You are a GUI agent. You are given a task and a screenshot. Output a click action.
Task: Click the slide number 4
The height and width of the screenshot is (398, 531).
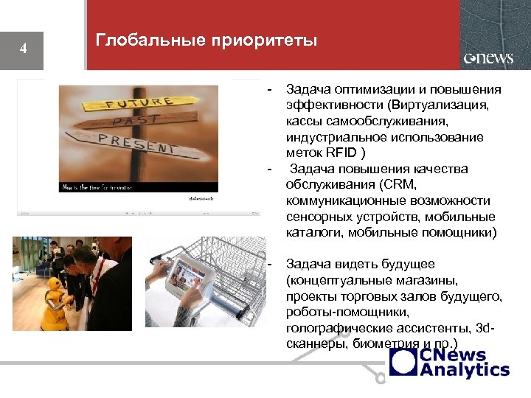[24, 49]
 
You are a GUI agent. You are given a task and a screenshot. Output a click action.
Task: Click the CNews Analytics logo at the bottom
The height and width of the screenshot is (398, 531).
[450, 362]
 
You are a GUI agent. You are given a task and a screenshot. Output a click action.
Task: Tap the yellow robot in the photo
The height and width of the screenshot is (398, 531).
[52, 295]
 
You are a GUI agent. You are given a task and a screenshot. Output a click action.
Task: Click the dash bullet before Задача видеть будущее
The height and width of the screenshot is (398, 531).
[269, 265]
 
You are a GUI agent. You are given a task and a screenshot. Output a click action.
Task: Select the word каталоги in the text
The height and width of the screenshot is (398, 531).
[309, 233]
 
